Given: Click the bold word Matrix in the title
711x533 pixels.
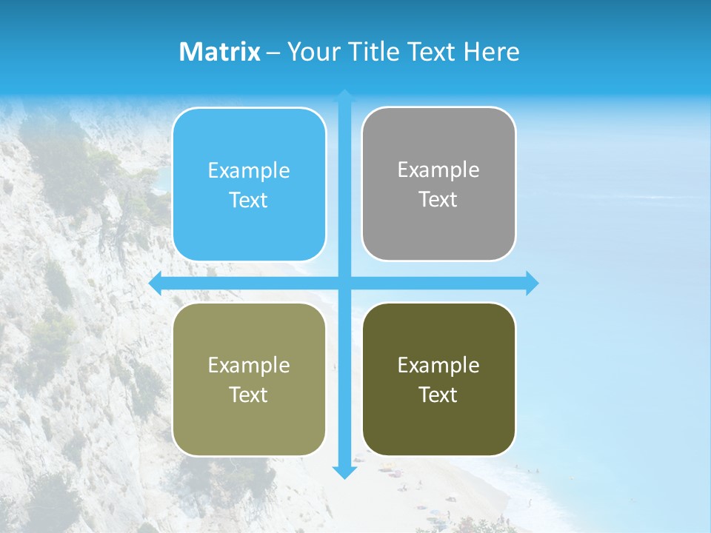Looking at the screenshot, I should [220, 52].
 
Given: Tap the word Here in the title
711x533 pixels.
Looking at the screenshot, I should [492, 52].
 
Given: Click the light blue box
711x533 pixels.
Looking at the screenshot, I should [249, 184].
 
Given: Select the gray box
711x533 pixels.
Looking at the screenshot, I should [438, 184].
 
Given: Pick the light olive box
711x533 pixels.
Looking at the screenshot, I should [249, 379].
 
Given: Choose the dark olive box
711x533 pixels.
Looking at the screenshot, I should [438, 379].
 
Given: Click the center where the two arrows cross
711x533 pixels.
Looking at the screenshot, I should [344, 283].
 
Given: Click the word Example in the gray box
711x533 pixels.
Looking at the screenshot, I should [438, 170].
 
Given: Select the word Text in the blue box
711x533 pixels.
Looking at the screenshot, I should [249, 200].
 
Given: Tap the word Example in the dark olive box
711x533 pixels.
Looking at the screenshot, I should [438, 365].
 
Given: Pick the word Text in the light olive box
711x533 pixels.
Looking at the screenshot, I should [249, 395].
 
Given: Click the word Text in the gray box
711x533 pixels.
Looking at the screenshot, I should [438, 199].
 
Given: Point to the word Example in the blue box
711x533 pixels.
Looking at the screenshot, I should [249, 171].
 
